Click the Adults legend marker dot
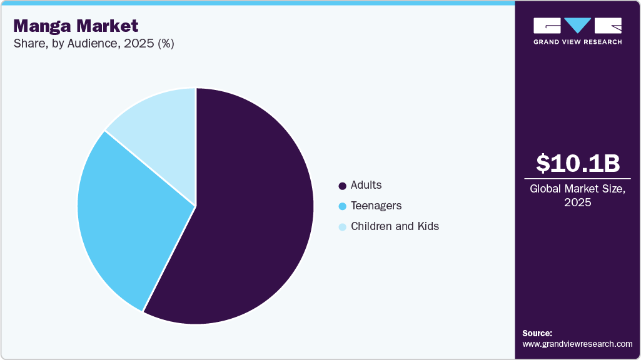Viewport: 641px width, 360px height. (x=342, y=186)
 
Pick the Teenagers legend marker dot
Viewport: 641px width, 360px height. (x=342, y=206)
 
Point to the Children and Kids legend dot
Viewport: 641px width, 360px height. (x=342, y=227)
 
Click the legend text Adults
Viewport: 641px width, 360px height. (x=366, y=185)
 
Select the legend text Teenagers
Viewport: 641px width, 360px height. (x=376, y=206)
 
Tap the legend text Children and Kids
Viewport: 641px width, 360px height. (x=395, y=226)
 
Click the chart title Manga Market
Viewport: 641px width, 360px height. (x=76, y=26)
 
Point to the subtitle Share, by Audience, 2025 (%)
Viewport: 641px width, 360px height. (x=93, y=44)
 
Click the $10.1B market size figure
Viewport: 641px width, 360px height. (x=577, y=163)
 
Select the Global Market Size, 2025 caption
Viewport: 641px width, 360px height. (x=577, y=195)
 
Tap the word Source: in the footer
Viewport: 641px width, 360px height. (x=537, y=333)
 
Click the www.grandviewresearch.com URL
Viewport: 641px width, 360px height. (x=577, y=344)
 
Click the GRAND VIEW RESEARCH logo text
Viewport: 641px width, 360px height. (x=577, y=42)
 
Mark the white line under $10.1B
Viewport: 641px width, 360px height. (x=577, y=178)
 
